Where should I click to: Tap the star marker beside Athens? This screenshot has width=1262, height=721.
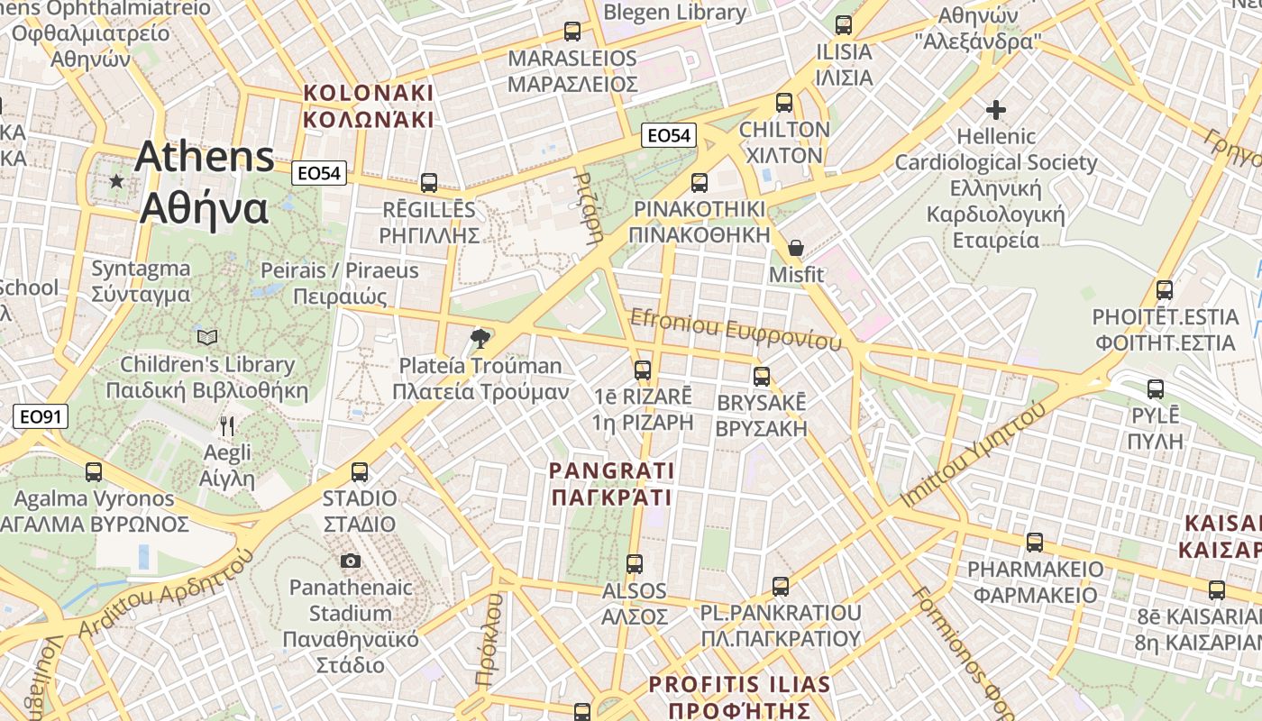116,181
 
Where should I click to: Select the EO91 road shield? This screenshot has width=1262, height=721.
41,416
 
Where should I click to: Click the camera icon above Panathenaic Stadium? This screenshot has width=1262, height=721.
351,561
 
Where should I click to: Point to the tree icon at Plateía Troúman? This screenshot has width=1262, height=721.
480,339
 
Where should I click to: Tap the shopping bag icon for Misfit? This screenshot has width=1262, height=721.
796,248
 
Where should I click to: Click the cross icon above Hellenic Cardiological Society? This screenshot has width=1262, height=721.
996,111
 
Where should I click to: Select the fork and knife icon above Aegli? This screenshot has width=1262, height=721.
227,425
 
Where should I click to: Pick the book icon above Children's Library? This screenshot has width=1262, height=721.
207,338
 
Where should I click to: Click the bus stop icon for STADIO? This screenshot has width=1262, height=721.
360,471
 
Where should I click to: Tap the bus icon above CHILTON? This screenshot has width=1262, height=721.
784,103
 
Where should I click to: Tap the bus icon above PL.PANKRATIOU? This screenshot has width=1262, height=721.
781,587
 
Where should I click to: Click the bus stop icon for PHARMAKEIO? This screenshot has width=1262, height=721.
1035,543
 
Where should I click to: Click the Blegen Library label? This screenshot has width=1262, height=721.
674,13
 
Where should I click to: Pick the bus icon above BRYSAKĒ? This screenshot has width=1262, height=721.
762,376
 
